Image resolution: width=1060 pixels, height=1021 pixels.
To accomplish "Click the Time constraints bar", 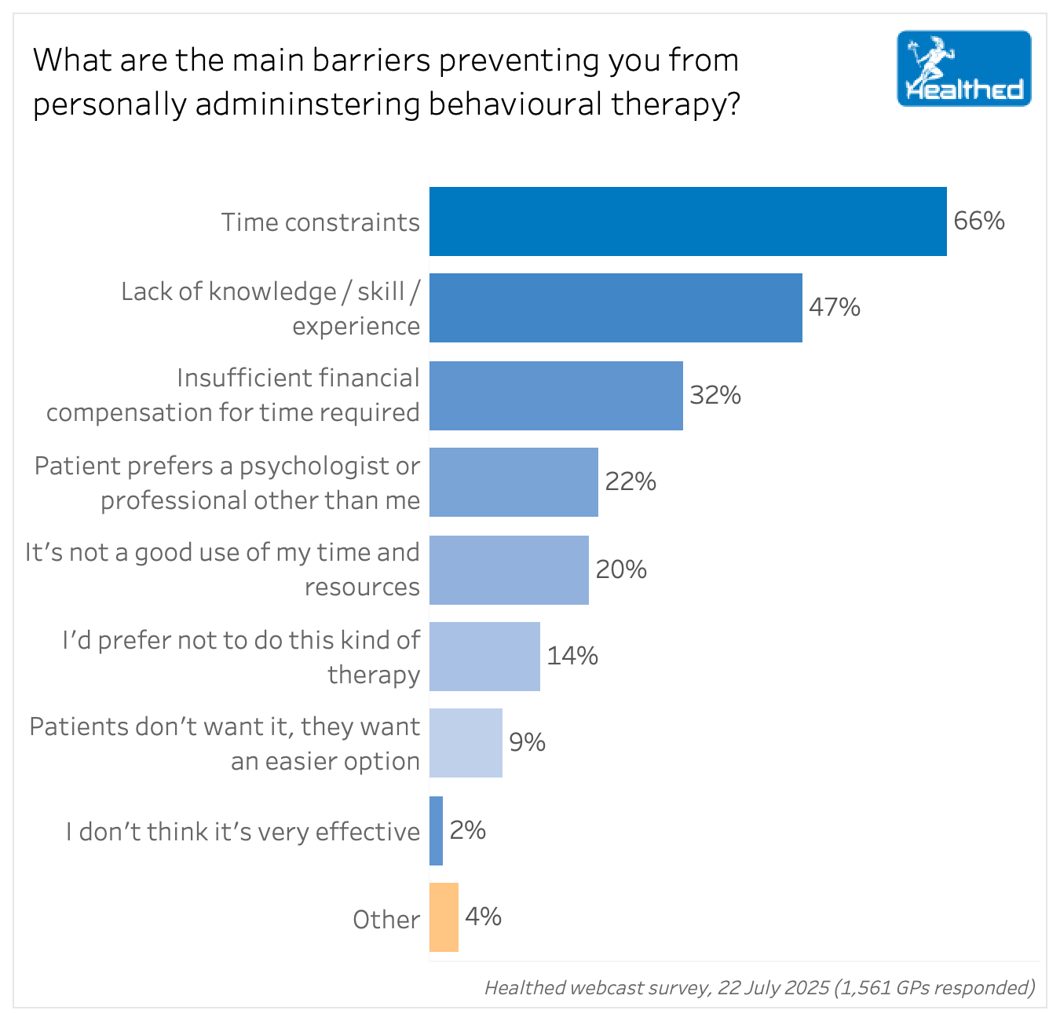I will coord(687,221).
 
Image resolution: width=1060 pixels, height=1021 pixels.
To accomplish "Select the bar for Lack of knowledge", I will coord(616,308).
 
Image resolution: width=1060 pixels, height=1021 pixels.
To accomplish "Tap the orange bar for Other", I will coord(444,917).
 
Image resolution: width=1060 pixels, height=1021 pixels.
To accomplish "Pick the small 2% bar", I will coord(436,831).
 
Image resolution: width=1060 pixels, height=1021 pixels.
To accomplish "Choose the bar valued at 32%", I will coord(556,395).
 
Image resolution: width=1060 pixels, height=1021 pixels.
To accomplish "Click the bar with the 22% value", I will coord(514,482).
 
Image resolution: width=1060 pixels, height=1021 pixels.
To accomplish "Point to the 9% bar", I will coord(466,743).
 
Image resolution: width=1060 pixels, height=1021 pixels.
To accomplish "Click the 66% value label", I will coord(979,221).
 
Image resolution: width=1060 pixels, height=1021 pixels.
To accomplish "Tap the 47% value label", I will coord(835,307).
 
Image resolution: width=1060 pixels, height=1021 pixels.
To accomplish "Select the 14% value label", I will coord(572,656).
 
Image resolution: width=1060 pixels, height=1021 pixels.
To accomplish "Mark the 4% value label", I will coord(483,917).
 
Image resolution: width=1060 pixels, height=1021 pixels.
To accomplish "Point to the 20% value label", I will coord(621,569).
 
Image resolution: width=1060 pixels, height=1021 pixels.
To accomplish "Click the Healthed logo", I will coord(963,68).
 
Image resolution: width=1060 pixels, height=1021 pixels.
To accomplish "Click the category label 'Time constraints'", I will coord(320,223).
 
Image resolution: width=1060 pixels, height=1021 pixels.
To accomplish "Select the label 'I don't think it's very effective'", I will coord(243,832).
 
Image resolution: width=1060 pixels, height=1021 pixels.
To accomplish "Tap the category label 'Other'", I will coord(386,920).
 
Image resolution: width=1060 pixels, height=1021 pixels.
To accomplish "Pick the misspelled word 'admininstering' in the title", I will coord(307,104).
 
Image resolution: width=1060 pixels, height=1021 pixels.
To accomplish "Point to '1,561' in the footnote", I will coord(863,987).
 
